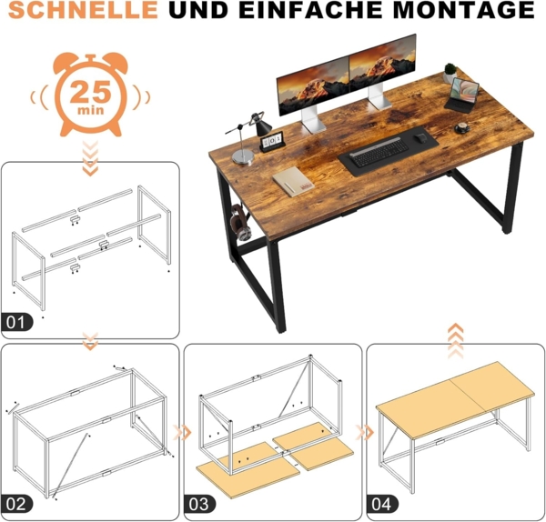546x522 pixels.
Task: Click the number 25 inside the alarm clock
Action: tap(88, 91)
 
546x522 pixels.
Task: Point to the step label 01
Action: tap(17, 321)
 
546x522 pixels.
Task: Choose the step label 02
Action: tap(17, 503)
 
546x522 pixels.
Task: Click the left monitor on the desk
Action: tap(312, 87)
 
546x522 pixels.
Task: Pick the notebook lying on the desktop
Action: tap(293, 180)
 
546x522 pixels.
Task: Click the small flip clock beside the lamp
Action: tap(274, 139)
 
